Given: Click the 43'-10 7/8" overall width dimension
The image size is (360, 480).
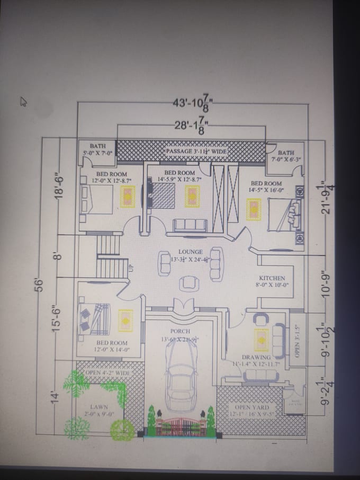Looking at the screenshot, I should click(191, 104).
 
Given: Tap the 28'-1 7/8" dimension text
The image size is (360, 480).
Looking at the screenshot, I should click(191, 127).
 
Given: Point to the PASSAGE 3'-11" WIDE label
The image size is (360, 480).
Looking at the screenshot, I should click(196, 152).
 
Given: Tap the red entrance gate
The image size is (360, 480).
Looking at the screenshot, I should click(180, 426).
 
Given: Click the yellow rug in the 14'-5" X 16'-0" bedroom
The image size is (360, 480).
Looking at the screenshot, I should click(254, 208).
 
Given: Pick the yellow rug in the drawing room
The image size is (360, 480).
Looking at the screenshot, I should click(262, 340).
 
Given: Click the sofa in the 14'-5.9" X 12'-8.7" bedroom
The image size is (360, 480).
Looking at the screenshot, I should click(190, 225).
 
